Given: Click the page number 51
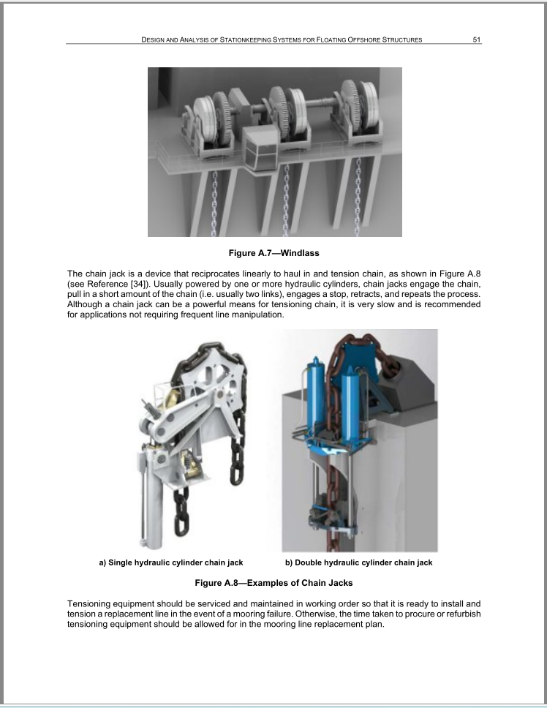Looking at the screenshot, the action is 477,39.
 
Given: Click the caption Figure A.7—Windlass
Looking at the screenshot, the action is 274,253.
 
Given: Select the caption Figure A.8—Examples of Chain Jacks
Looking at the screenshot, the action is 273,583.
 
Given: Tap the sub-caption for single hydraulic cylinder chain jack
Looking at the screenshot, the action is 171,562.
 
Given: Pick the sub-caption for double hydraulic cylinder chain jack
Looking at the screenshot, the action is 359,562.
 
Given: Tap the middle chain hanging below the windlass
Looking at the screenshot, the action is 286,200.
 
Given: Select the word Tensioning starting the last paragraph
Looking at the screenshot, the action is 88,604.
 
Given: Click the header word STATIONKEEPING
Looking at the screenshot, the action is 245,39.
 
